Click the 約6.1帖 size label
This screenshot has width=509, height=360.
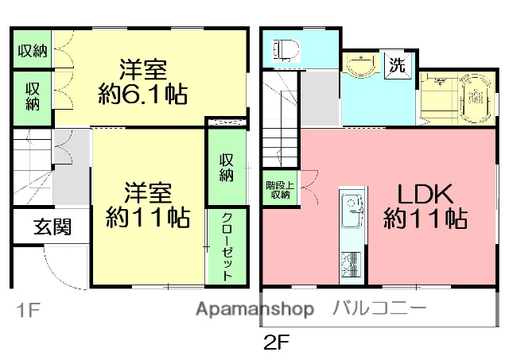(143, 95)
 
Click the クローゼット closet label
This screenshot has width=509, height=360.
(226, 247)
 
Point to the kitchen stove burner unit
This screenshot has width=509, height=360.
(351, 261)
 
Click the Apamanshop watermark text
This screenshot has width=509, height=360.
(255, 309)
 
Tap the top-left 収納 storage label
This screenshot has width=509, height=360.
(33, 51)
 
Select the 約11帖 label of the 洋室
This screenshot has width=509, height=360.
(149, 216)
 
